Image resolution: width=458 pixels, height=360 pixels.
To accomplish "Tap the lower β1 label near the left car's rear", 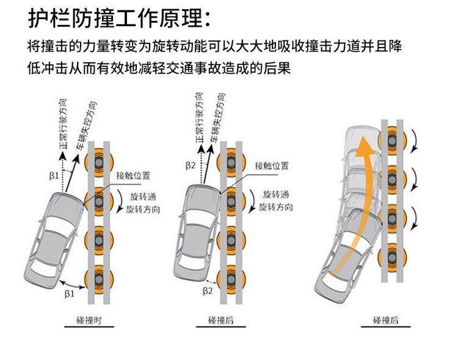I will (70, 293).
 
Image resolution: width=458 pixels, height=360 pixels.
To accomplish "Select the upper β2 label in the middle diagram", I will (190, 165).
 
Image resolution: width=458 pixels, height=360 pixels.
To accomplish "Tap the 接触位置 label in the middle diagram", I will (272, 165).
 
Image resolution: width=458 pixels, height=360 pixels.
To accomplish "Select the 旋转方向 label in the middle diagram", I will (275, 207).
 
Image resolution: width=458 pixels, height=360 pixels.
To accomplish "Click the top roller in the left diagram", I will (98, 163).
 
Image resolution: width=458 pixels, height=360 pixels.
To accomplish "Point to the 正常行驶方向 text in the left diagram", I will (64, 122).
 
